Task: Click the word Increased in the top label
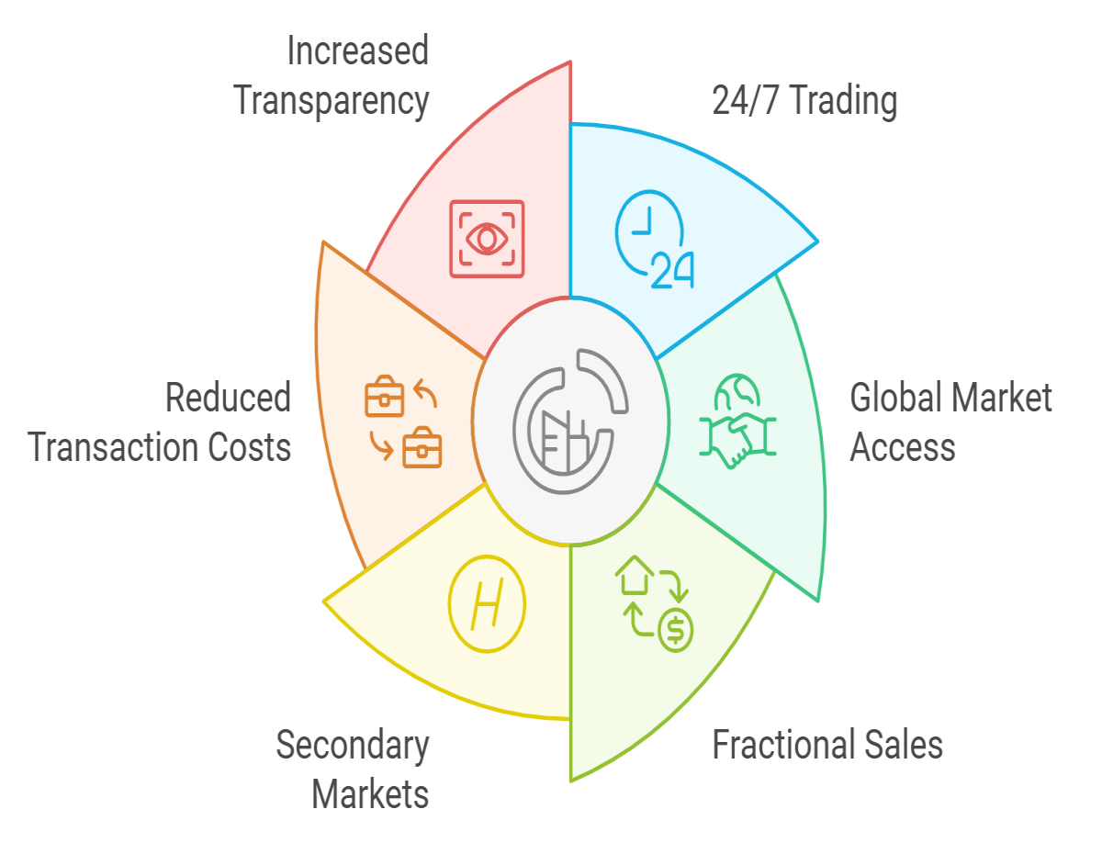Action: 357,51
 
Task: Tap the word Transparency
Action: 331,102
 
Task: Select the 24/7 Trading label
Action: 804,101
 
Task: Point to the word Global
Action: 894,398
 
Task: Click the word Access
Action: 902,447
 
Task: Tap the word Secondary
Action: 353,746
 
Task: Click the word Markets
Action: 370,794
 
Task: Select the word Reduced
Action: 228,398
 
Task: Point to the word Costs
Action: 249,447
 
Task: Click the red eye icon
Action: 487,239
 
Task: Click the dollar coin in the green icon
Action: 675,630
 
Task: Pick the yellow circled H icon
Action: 487,603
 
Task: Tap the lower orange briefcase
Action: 422,447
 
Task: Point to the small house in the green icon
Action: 634,575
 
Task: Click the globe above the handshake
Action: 737,390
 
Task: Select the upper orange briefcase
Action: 384,396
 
